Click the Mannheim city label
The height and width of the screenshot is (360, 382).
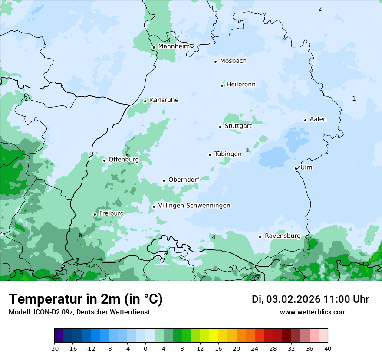[x=174, y=46]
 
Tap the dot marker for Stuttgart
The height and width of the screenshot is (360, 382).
[x=220, y=127]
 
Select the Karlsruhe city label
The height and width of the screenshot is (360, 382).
[x=164, y=100]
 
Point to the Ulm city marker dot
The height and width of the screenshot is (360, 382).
[x=296, y=168]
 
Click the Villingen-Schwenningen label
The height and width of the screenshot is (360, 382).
[x=194, y=206]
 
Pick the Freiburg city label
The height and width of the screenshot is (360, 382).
[x=111, y=213]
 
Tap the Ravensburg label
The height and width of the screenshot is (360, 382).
[x=283, y=236]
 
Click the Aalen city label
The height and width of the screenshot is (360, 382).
[x=318, y=119]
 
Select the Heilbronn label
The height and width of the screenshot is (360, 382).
[x=241, y=85]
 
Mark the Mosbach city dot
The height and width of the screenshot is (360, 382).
[x=215, y=62]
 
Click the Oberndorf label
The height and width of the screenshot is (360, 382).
[x=184, y=180]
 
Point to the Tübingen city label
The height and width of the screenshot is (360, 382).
[x=228, y=154]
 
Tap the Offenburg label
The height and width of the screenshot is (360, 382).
[x=124, y=160]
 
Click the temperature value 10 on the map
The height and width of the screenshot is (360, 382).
[x=365, y=264]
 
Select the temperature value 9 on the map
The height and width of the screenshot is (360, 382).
[x=21, y=273]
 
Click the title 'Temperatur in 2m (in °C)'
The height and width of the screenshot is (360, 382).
[x=86, y=299]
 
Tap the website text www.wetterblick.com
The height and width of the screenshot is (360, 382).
[x=313, y=312]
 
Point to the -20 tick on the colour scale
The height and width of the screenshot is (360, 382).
[x=54, y=348]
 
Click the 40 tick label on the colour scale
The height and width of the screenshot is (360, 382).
[x=327, y=348]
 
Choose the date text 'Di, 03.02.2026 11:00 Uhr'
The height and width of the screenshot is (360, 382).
[x=310, y=299]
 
